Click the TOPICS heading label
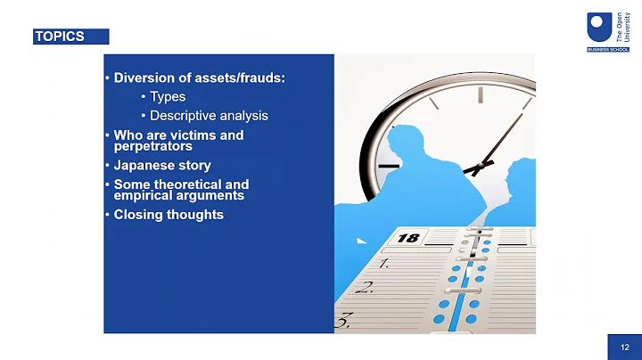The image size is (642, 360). coord(61,37)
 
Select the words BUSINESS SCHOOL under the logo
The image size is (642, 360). coord(609,49)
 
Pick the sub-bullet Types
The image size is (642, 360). coord(168,97)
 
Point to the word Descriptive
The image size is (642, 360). coord(182,116)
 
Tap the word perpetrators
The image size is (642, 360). coord(153,146)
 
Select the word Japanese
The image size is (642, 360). coord(144,166)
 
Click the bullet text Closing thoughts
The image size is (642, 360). coord(169,215)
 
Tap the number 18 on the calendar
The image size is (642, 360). coord(407,238)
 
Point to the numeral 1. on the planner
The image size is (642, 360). coord(383,264)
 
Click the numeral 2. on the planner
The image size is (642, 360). coord(363,288)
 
